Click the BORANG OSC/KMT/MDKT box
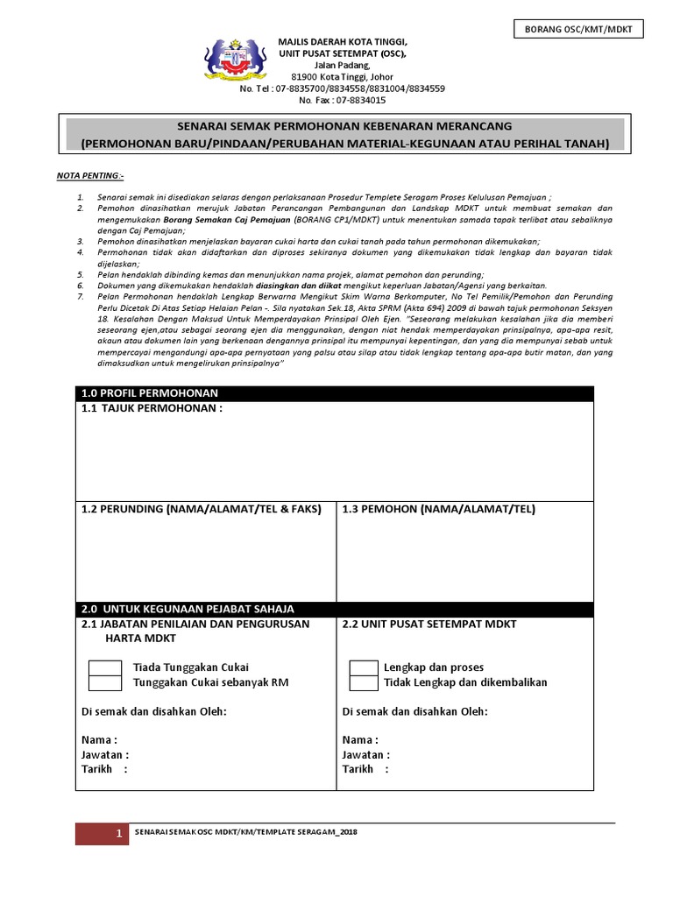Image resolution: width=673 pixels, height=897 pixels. (577, 30)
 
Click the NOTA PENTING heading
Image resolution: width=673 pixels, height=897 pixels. (90, 176)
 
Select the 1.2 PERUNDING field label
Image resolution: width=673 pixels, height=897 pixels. (201, 509)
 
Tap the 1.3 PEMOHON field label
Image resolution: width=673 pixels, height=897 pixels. (438, 509)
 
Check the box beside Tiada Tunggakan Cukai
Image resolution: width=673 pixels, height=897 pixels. (105, 668)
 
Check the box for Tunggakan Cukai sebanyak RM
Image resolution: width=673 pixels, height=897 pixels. (105, 683)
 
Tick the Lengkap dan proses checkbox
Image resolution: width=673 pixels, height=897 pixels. (363, 668)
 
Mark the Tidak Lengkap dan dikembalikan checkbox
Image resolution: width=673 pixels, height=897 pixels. (363, 683)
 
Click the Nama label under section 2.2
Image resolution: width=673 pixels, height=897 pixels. (360, 739)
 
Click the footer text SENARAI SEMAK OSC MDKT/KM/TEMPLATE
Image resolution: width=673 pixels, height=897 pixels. (246, 831)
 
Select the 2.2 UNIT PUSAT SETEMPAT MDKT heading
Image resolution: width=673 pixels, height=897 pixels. (429, 624)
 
